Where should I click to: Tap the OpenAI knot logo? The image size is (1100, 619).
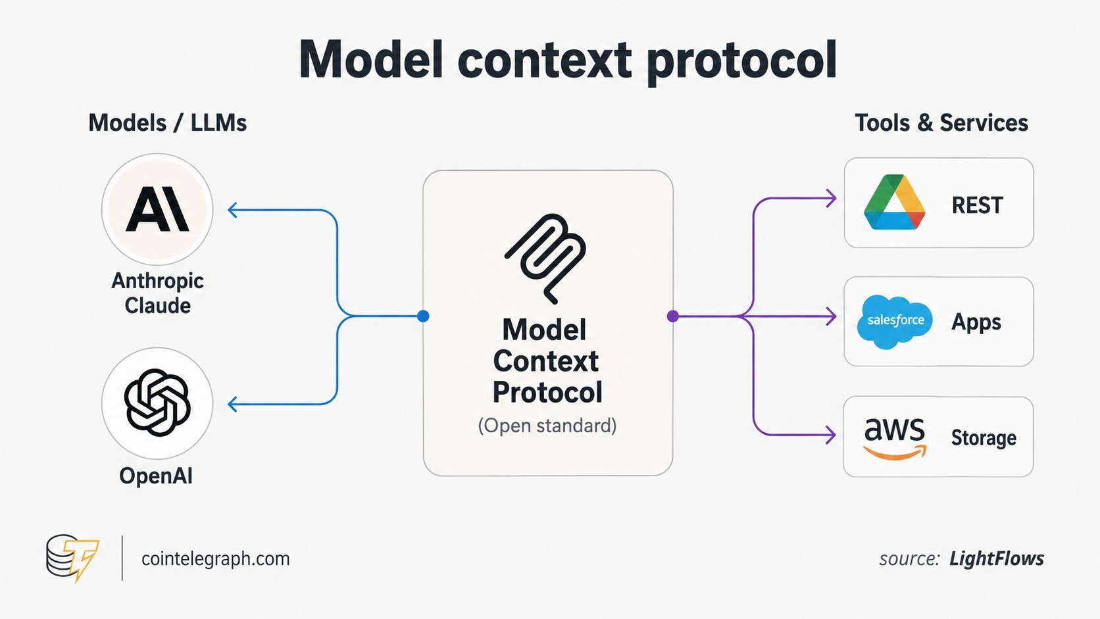[x=157, y=403]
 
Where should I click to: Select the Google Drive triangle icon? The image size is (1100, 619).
[x=894, y=202]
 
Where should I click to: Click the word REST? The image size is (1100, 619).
[x=977, y=205]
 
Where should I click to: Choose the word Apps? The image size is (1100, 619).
[x=976, y=323]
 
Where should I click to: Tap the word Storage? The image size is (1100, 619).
[x=984, y=438]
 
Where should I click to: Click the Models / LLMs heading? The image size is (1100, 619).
[x=168, y=123]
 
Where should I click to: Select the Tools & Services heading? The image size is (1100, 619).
[x=941, y=123]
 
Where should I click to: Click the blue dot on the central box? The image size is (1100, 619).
[x=423, y=316]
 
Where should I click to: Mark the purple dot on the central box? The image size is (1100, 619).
[x=673, y=316]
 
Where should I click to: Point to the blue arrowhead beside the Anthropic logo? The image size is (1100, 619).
[x=232, y=210]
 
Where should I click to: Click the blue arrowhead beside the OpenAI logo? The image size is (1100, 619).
[x=232, y=404]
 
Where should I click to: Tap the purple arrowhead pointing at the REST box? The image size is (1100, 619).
[x=831, y=198]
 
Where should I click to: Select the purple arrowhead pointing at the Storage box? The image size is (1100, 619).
[x=830, y=435]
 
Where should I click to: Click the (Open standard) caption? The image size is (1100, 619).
[x=547, y=426]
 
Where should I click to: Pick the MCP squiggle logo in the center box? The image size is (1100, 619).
[x=545, y=259]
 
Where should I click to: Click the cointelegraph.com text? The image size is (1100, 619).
[x=216, y=558]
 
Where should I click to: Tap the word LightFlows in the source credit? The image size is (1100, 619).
[x=997, y=558]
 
